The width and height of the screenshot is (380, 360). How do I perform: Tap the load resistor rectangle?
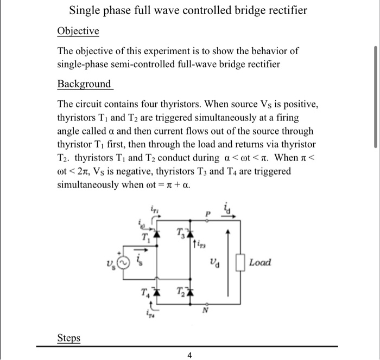pyautogui.click(x=241, y=263)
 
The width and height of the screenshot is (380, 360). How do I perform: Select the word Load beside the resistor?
pyautogui.click(x=260, y=263)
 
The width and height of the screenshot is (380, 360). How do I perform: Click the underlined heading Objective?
pyautogui.click(x=78, y=31)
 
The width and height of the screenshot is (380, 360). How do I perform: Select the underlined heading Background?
pyautogui.click(x=85, y=84)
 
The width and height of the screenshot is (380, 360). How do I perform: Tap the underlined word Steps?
pyautogui.click(x=68, y=338)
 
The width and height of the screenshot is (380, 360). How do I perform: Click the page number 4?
pyautogui.click(x=189, y=356)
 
